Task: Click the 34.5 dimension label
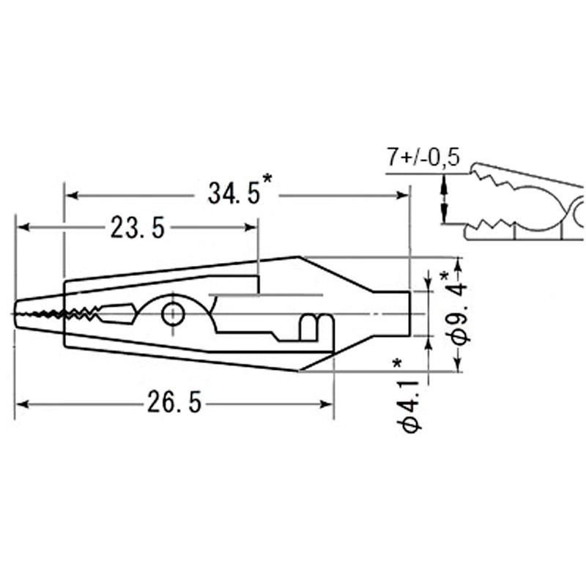tap(234, 193)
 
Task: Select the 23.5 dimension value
tap(137, 228)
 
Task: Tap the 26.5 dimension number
tap(174, 401)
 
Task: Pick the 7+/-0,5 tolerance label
tap(423, 157)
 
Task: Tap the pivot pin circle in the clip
tap(173, 314)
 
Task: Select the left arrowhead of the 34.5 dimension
tap(71, 196)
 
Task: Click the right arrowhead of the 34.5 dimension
tap(402, 196)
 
